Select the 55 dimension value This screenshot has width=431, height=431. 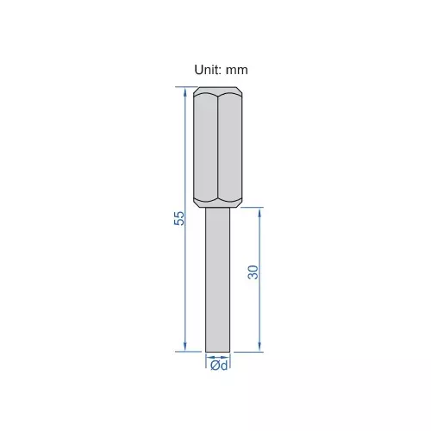[179, 219]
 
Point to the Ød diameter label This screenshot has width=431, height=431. [219, 366]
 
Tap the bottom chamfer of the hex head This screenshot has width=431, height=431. [218, 203]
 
